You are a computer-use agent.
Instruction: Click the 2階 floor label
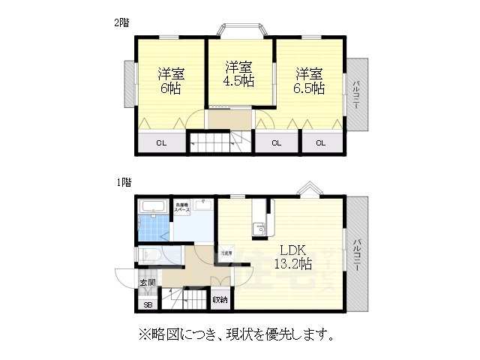pyautogui.click(x=121, y=22)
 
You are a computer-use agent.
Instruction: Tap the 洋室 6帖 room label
pyautogui.click(x=170, y=82)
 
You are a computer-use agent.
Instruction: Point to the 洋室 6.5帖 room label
pyautogui.click(x=309, y=81)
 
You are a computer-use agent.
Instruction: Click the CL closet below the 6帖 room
pyautogui.click(x=161, y=143)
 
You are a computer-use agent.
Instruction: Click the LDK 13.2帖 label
pyautogui.click(x=293, y=256)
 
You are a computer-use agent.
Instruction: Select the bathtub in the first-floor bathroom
pyautogui.click(x=153, y=205)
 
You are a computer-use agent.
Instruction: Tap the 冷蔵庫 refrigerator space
pyautogui.click(x=225, y=253)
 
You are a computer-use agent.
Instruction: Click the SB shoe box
pyautogui.click(x=148, y=304)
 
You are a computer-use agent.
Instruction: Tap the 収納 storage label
pyautogui.click(x=220, y=299)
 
